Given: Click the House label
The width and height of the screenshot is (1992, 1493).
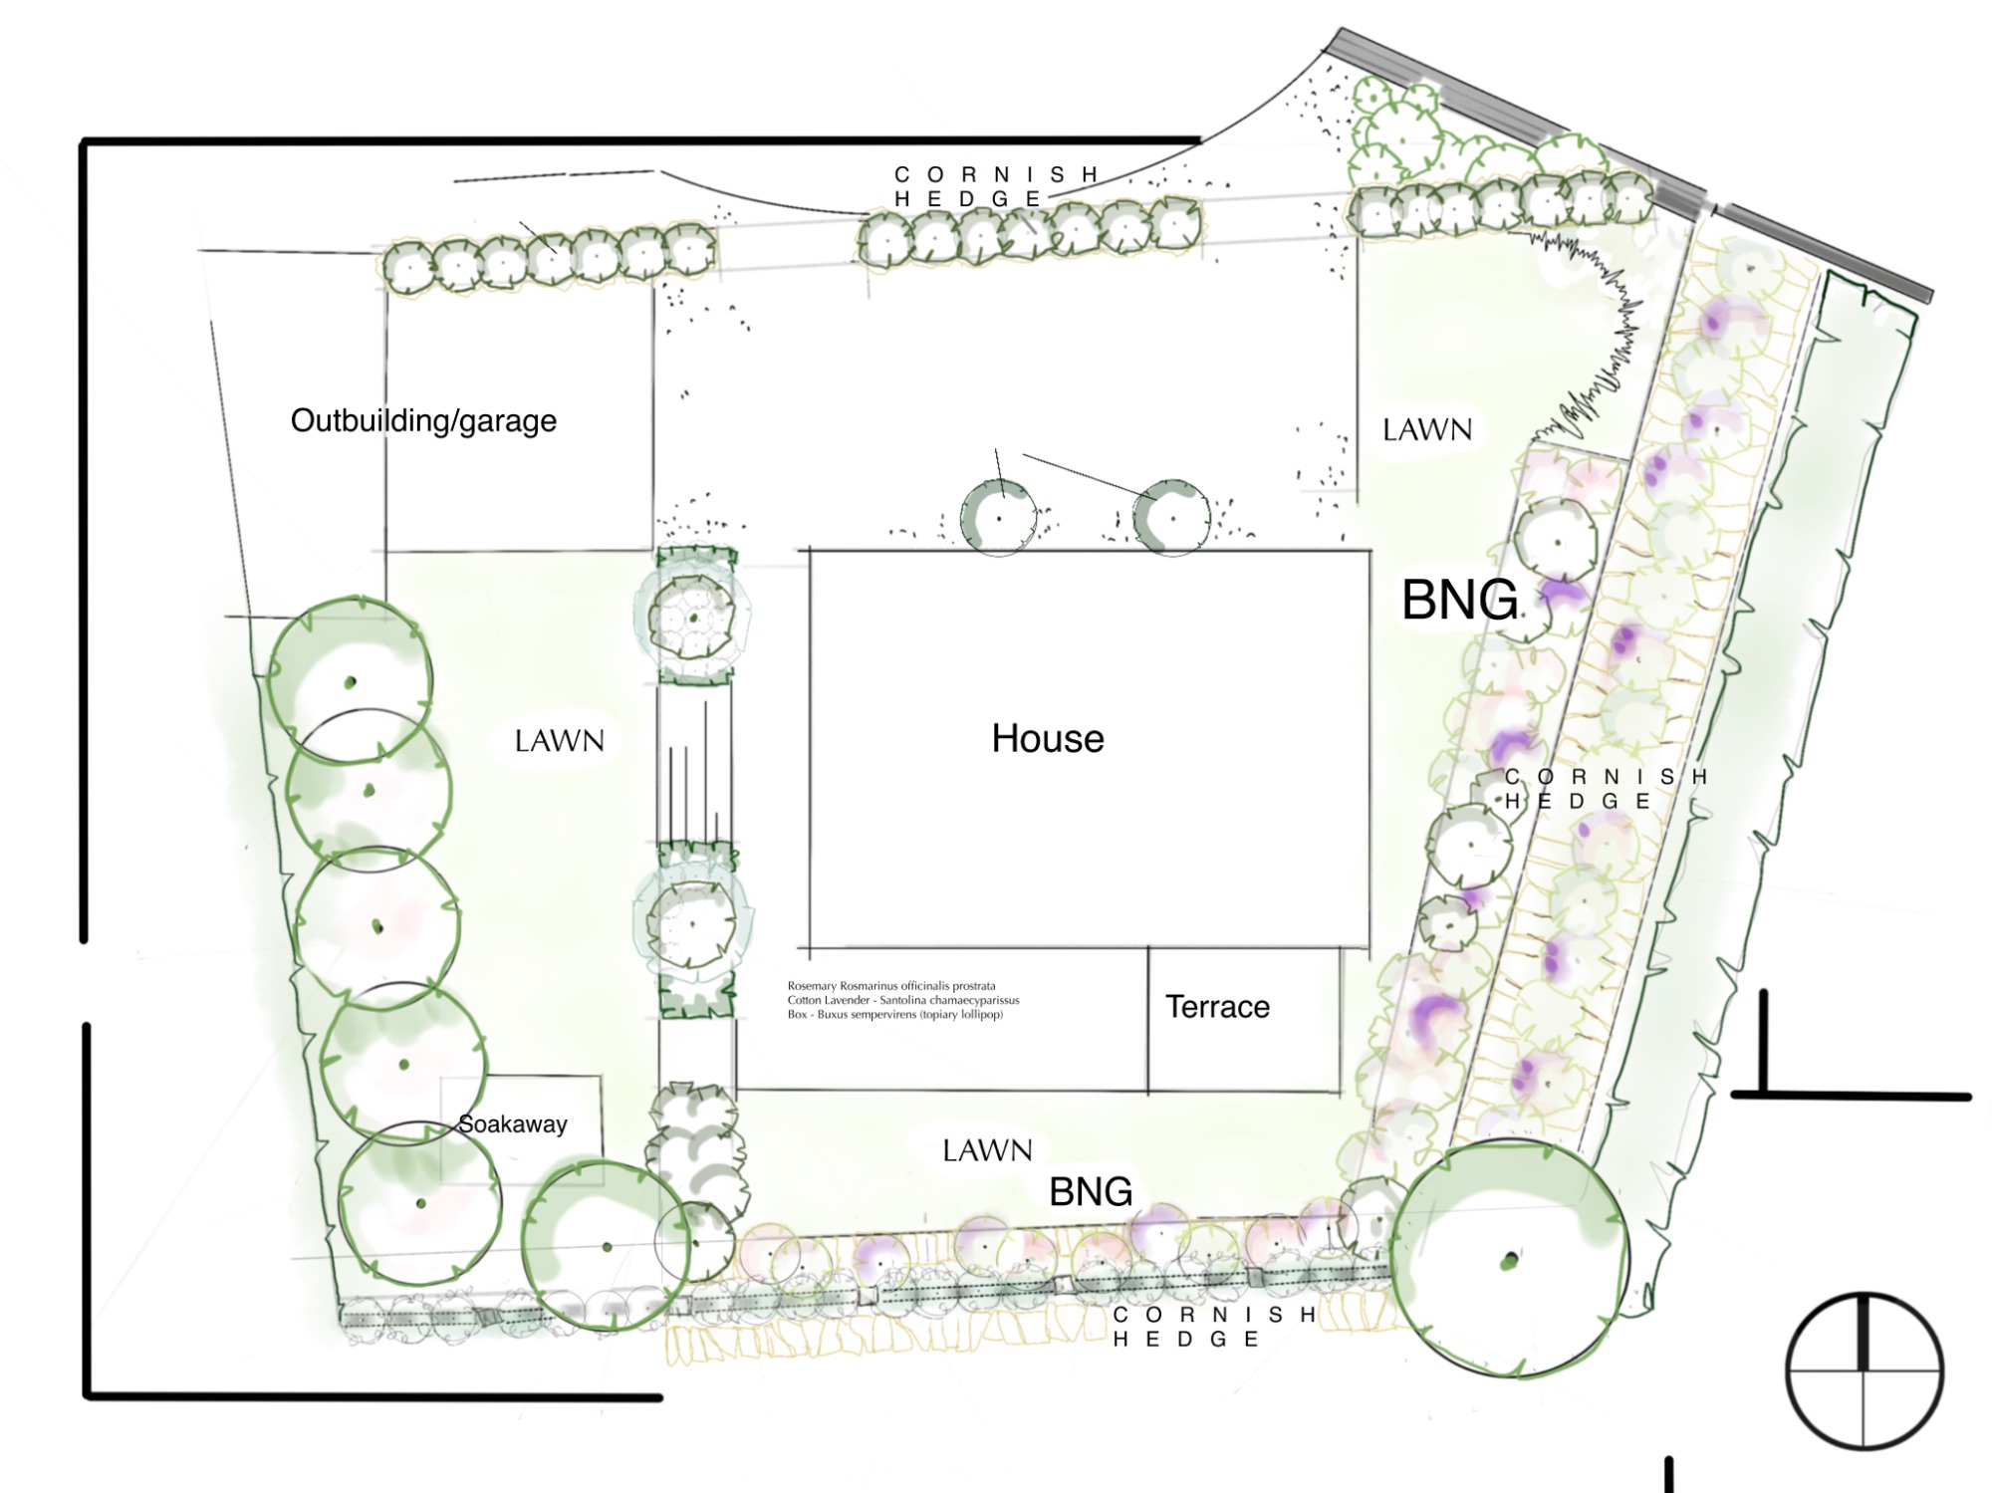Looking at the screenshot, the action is pyautogui.click(x=1048, y=739).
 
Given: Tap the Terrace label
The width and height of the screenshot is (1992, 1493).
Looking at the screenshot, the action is pyautogui.click(x=1217, y=1007).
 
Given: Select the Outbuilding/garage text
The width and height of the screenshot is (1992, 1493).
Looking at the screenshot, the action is pyautogui.click(x=423, y=420).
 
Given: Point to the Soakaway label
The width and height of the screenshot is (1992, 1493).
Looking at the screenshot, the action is pyautogui.click(x=513, y=1124).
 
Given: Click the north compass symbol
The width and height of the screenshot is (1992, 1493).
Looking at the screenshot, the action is pyautogui.click(x=1864, y=1370).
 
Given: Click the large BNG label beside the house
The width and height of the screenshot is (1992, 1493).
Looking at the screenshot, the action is pyautogui.click(x=1460, y=600).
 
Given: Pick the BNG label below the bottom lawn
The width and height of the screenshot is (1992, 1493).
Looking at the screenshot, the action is pyautogui.click(x=1091, y=1191).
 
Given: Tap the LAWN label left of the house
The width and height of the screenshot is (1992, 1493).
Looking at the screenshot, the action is pyautogui.click(x=559, y=741).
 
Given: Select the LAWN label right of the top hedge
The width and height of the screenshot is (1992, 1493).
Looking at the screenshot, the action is pyautogui.click(x=1427, y=429).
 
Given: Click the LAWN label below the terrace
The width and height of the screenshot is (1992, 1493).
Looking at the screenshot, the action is pyautogui.click(x=987, y=1150).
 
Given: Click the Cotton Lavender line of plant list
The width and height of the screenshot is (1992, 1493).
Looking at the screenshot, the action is pyautogui.click(x=903, y=1000).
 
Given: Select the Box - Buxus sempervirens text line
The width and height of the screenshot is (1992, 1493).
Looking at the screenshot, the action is pyautogui.click(x=895, y=1015).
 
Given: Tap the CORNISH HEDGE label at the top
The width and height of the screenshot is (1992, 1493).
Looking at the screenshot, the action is pyautogui.click(x=996, y=187).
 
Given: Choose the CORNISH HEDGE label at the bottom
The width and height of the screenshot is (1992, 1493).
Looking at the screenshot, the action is pyautogui.click(x=1215, y=1327).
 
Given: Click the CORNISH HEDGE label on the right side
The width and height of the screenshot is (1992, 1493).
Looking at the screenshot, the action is pyautogui.click(x=1606, y=789).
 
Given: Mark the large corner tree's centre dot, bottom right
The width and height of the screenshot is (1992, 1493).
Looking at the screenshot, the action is pyautogui.click(x=1510, y=1261).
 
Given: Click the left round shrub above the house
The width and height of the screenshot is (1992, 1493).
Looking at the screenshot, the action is pyautogui.click(x=998, y=518).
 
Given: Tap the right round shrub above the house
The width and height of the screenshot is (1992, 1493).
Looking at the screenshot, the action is pyautogui.click(x=1172, y=518).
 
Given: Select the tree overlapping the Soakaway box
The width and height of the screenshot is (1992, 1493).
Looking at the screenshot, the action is pyautogui.click(x=419, y=1203).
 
